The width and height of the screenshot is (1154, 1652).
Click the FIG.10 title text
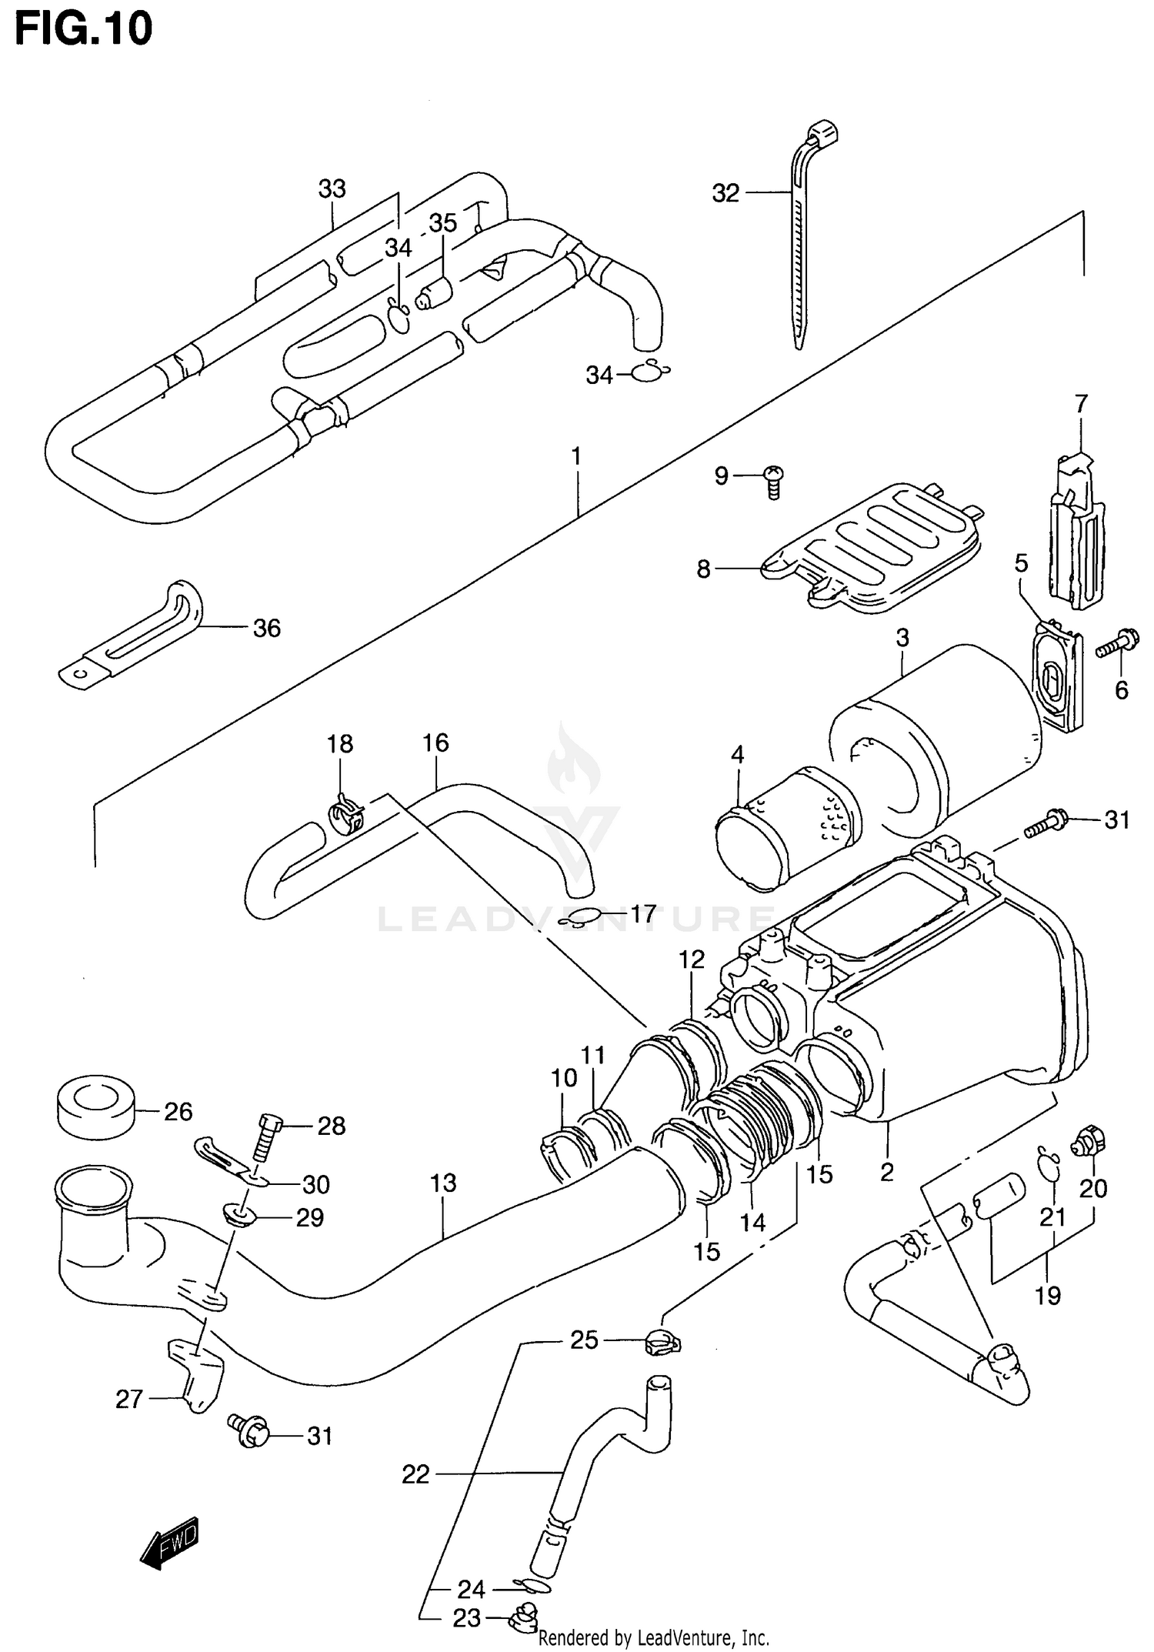(x=84, y=30)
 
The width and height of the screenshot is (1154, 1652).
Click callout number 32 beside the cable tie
(x=725, y=193)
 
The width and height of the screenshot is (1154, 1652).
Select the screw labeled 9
(x=773, y=482)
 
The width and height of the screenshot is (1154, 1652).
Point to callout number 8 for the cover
(x=703, y=569)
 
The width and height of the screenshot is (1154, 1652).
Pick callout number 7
(x=1081, y=403)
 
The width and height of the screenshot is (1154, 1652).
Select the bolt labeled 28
(x=265, y=1139)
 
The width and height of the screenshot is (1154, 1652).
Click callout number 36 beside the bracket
(x=267, y=628)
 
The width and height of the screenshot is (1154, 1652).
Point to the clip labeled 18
(x=345, y=818)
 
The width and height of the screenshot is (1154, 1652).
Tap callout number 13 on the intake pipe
(x=443, y=1183)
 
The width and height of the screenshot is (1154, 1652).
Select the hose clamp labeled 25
(x=662, y=1343)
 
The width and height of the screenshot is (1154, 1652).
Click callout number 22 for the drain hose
(x=415, y=1474)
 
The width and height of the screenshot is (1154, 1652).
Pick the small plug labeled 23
(x=523, y=1618)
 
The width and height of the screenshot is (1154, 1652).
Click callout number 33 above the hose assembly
(x=332, y=189)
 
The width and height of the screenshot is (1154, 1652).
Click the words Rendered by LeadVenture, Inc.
(x=653, y=1638)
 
